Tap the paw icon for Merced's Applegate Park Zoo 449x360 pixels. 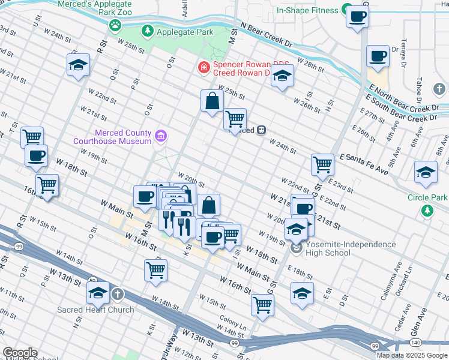(115, 25)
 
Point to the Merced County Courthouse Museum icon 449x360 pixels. (160, 136)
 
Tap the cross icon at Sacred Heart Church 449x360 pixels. (118, 295)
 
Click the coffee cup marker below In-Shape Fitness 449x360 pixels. (358, 18)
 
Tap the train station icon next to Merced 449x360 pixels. (262, 130)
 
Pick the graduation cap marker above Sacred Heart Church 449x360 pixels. (98, 293)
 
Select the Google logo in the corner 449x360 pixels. (19, 353)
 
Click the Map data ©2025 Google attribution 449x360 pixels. (412, 355)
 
